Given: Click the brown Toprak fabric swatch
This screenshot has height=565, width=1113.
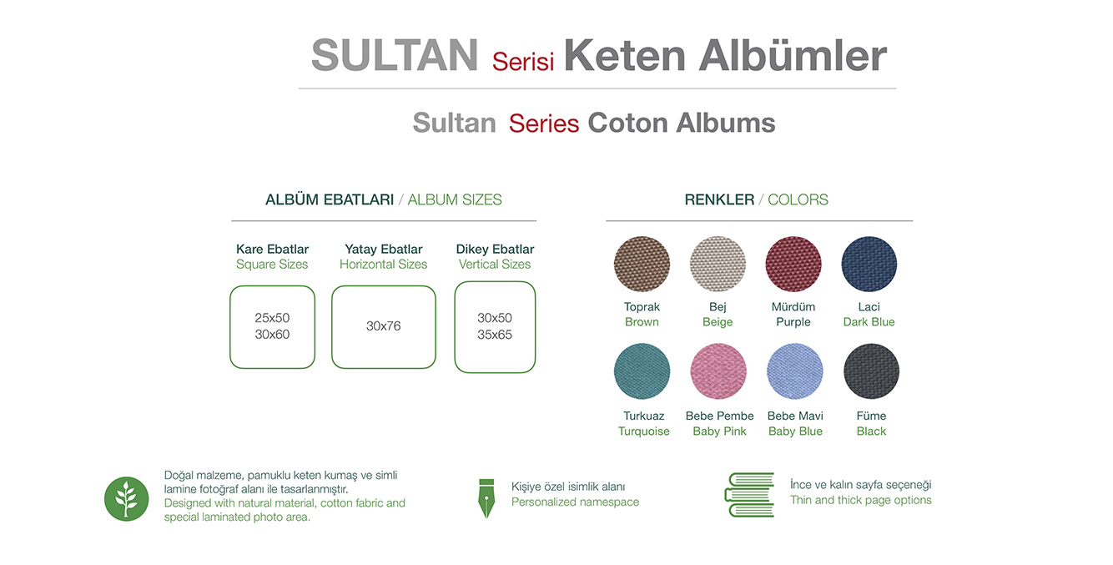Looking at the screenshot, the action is coord(642,264).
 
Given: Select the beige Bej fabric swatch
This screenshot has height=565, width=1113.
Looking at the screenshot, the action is coord(718,264).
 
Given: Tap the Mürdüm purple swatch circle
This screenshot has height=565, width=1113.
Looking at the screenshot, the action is coord(793,264).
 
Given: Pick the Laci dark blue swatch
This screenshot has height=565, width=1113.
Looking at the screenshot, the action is coord(869,264).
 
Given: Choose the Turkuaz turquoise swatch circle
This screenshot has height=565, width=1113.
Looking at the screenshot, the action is coord(642,371).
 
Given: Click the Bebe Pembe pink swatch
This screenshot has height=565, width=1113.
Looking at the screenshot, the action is coord(718,371).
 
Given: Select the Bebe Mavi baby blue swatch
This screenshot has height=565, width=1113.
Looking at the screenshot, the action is coord(794,371).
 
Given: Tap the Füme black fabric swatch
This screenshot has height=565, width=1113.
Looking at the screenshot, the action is coord(871,371).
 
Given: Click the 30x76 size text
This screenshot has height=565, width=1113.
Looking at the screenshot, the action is coord(383,326).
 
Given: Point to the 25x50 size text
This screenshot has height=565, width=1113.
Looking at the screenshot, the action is coord(272,317).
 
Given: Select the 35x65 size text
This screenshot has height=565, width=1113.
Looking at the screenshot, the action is coord(495,335).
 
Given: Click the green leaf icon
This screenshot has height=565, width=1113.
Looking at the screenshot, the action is coord(126,498).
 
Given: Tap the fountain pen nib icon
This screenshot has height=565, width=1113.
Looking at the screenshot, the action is coord(486,498).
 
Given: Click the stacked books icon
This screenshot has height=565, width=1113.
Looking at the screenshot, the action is coord(749,495).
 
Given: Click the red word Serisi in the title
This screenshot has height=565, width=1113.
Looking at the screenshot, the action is coord(523,62).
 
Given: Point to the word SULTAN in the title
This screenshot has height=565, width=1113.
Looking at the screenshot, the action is coord(395,55).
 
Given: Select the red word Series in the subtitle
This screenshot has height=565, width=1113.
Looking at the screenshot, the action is coord(544,123).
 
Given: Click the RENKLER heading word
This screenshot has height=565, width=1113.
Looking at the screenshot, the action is coord(719,199).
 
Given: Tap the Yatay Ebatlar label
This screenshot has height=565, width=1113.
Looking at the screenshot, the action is coord(384,249).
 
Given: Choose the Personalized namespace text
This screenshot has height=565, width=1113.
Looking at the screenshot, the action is coord(575,502).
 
